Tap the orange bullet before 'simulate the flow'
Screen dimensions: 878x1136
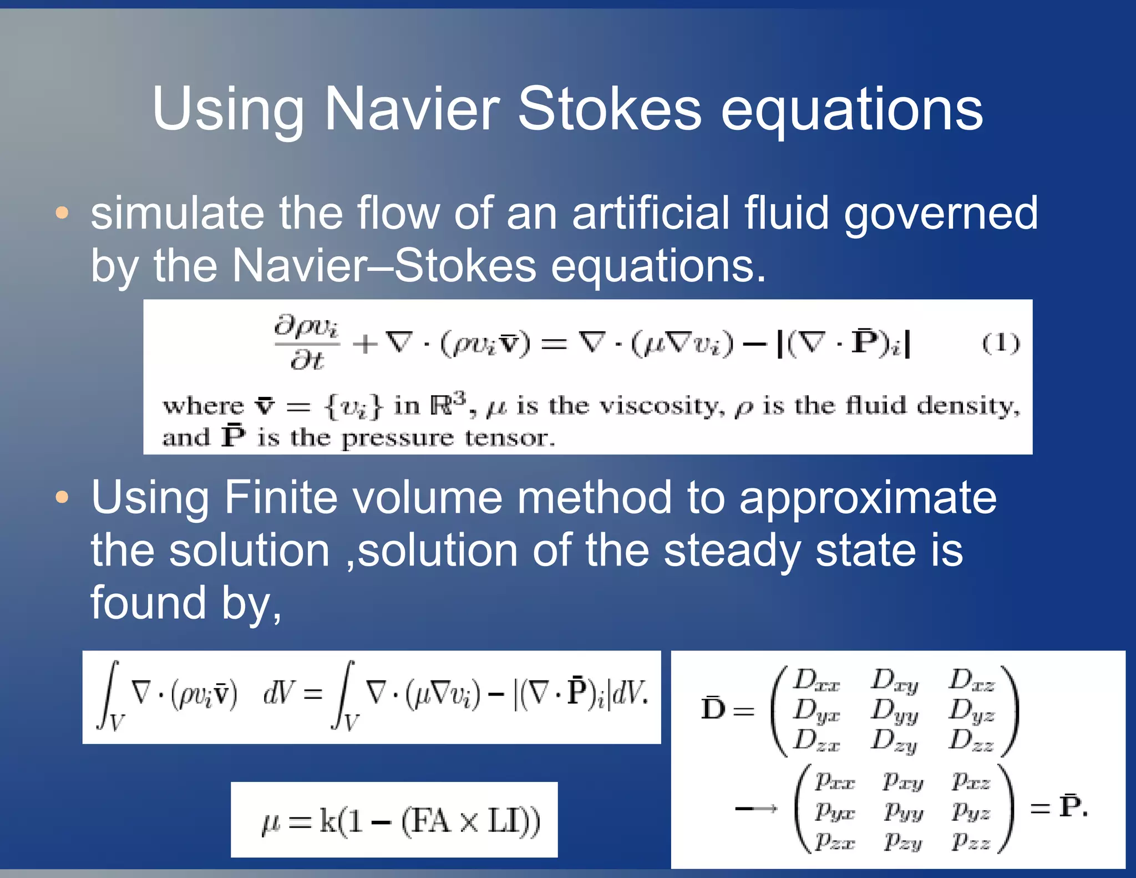[62, 213]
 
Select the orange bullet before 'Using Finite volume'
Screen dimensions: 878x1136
[62, 497]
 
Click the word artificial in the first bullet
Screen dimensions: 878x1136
[651, 213]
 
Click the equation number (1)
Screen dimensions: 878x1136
[1000, 344]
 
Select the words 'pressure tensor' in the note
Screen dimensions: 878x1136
[447, 438]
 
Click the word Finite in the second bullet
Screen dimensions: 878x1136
[281, 497]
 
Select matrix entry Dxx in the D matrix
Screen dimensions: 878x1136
[815, 680]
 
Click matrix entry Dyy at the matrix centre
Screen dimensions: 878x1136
[894, 712]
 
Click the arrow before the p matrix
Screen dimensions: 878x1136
[755, 809]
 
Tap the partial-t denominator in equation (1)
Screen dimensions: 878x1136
[307, 361]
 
